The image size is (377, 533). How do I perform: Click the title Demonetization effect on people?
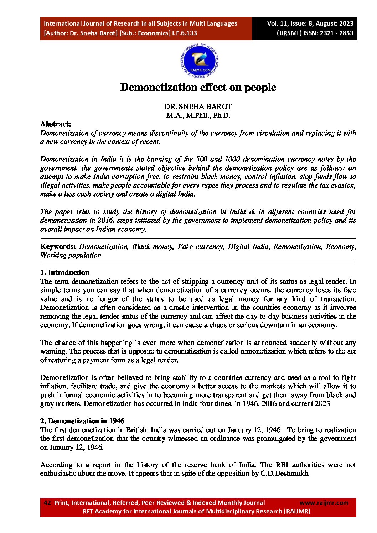pos(198,87)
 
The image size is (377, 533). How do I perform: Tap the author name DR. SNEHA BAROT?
pos(198,106)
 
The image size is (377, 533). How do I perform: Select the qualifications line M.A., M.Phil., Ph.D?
pos(198,115)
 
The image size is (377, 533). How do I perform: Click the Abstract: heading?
pos(56,124)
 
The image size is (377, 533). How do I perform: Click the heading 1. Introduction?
pos(64,272)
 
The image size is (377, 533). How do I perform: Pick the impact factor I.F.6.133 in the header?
pos(185,33)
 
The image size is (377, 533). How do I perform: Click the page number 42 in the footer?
pos(47,503)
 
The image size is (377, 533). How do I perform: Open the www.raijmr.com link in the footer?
pos(324,503)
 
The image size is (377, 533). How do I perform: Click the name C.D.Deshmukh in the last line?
pos(285,473)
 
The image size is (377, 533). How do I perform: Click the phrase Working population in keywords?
pos(71,255)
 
